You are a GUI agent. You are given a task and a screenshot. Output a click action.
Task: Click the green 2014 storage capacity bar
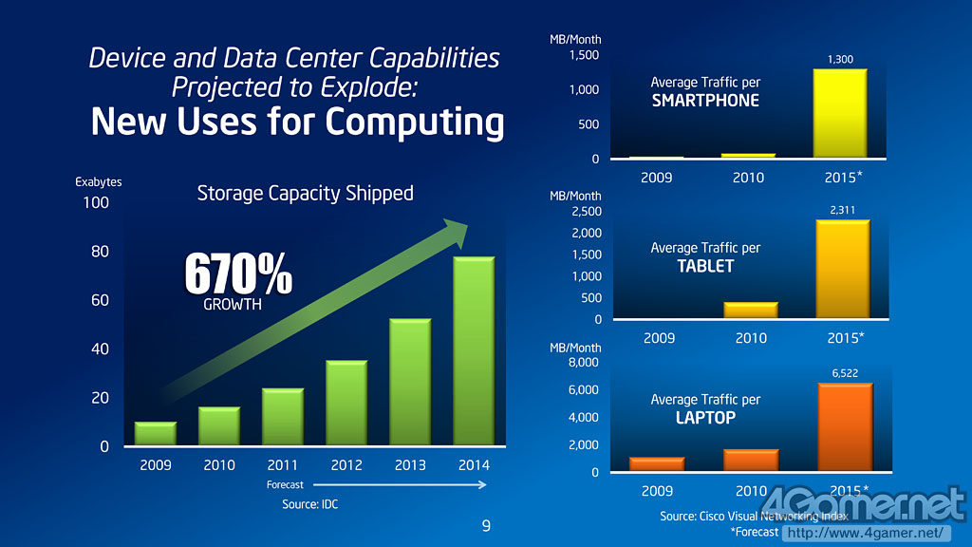click(x=475, y=351)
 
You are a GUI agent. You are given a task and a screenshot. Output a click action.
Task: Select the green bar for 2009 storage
click(x=155, y=434)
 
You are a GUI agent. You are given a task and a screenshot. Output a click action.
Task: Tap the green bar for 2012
click(x=346, y=403)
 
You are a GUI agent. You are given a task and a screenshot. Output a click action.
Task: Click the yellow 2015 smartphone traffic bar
click(x=840, y=113)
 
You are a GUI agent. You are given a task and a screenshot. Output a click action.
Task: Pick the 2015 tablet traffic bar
click(x=842, y=270)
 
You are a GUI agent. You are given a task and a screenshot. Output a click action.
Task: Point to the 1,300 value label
click(x=840, y=60)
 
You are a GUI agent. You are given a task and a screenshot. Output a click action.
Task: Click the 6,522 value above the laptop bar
click(x=845, y=373)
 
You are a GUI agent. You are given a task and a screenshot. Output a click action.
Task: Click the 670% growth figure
click(x=237, y=274)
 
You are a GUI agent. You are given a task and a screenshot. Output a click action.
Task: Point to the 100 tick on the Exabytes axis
click(x=96, y=202)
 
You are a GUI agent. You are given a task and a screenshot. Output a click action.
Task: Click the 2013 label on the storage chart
click(x=411, y=465)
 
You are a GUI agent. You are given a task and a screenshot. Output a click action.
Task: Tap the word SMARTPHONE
click(x=705, y=101)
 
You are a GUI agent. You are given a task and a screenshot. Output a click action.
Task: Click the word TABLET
click(x=705, y=266)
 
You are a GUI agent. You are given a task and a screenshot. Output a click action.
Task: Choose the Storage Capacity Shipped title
click(x=305, y=194)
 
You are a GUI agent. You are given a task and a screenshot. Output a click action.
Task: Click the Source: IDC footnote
click(x=309, y=504)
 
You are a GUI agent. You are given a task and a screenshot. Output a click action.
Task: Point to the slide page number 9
click(x=486, y=526)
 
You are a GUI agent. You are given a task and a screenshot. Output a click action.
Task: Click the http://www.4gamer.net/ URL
click(x=866, y=533)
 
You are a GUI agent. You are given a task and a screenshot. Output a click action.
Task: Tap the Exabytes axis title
click(x=99, y=182)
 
